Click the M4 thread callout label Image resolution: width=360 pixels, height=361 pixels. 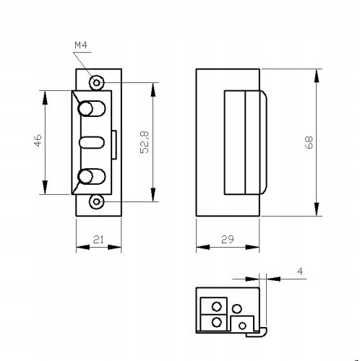(81, 45)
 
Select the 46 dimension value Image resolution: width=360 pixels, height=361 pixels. (38, 141)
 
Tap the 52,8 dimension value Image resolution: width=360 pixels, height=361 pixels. (145, 142)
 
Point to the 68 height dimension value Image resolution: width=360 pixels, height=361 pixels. (309, 142)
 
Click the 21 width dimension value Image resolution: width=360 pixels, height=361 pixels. (98, 240)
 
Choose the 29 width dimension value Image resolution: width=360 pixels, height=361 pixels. (228, 239)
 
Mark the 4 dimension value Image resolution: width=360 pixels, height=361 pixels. (300, 271)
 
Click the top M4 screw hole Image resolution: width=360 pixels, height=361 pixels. (97, 83)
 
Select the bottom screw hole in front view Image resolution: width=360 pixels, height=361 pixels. (97, 201)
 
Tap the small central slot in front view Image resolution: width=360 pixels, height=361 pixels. (92, 142)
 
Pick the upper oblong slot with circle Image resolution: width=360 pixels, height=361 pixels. (92, 108)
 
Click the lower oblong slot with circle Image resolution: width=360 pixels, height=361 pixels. (92, 177)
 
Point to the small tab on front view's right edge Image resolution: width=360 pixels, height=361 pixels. (114, 145)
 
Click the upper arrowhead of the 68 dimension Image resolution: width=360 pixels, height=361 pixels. (317, 76)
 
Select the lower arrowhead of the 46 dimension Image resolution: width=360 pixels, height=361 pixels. (45, 187)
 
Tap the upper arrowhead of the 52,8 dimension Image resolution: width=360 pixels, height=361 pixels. (153, 90)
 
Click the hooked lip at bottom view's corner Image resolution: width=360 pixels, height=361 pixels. (263, 333)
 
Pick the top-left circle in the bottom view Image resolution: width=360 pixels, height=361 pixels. (216, 307)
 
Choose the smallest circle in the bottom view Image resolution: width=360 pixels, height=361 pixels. (242, 326)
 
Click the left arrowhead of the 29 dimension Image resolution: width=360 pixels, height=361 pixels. (203, 247)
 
